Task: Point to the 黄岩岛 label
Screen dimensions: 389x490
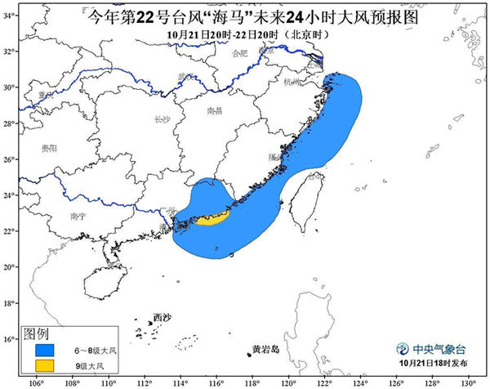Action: click(265, 350)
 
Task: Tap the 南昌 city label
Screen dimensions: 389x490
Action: click(214, 110)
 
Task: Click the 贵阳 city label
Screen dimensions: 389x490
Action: click(49, 149)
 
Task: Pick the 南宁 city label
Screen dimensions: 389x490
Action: click(78, 217)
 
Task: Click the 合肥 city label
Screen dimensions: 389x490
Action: click(239, 53)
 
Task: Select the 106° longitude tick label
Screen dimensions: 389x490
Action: click(37, 382)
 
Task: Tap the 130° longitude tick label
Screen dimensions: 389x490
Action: click(467, 382)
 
